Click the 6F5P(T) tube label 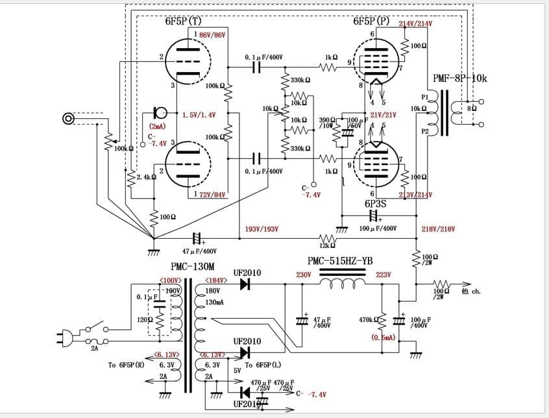pos(183,21)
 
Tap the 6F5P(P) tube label pos(371,21)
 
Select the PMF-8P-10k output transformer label pos(459,79)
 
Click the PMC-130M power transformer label pos(193,267)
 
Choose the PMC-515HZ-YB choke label pos(340,261)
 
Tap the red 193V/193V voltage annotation pos(263,229)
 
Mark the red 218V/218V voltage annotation pos(438,229)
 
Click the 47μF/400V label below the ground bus pos(199,251)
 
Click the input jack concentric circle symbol pos(68,118)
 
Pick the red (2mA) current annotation pos(157,127)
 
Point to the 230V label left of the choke pos(304,275)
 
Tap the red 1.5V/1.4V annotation pos(199,115)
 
